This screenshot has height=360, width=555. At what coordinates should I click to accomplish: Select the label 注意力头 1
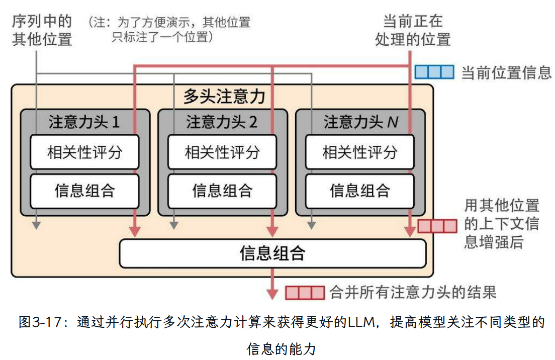click(x=84, y=122)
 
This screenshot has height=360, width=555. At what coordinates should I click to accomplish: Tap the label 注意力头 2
click(x=222, y=122)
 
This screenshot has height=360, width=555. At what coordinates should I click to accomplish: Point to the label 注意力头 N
click(x=360, y=122)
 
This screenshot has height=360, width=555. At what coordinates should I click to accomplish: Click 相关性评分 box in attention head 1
click(x=84, y=152)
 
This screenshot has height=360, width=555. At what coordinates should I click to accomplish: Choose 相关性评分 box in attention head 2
click(x=222, y=152)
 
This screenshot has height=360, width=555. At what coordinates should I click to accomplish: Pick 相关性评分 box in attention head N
click(x=360, y=152)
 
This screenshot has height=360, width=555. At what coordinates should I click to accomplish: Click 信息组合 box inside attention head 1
click(x=84, y=191)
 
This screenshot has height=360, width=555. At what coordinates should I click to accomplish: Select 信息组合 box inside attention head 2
click(x=222, y=191)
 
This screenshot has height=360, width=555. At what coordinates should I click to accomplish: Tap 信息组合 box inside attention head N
click(x=360, y=191)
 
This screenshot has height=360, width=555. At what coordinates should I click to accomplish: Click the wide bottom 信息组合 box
click(x=272, y=253)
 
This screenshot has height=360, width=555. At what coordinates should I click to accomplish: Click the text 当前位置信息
click(x=506, y=72)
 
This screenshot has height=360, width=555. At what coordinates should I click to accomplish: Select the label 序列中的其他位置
click(x=42, y=30)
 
